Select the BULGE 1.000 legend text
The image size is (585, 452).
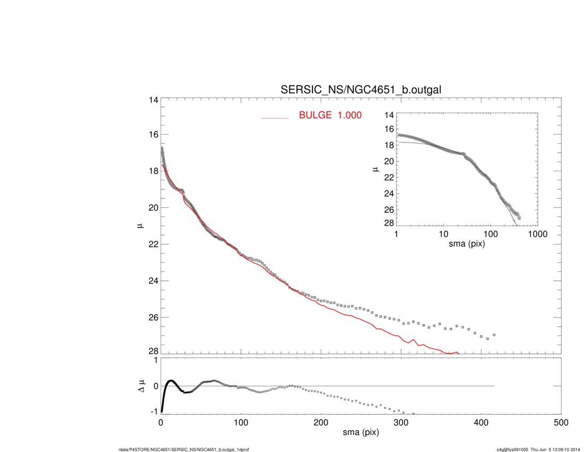pos(330,115)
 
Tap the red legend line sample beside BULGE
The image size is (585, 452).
pos(274,118)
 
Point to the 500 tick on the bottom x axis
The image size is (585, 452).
pos(561,423)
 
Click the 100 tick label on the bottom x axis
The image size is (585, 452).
pos(241,423)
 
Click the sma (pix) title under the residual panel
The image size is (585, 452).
pos(361,433)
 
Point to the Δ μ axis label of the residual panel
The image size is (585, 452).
pos(141,386)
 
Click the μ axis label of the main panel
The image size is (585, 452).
pos(141,226)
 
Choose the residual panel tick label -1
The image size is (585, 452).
pos(153,412)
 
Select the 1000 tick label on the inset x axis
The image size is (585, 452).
pos(537,235)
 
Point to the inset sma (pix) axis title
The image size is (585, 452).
pos(466,245)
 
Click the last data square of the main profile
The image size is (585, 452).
pos(495,335)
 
